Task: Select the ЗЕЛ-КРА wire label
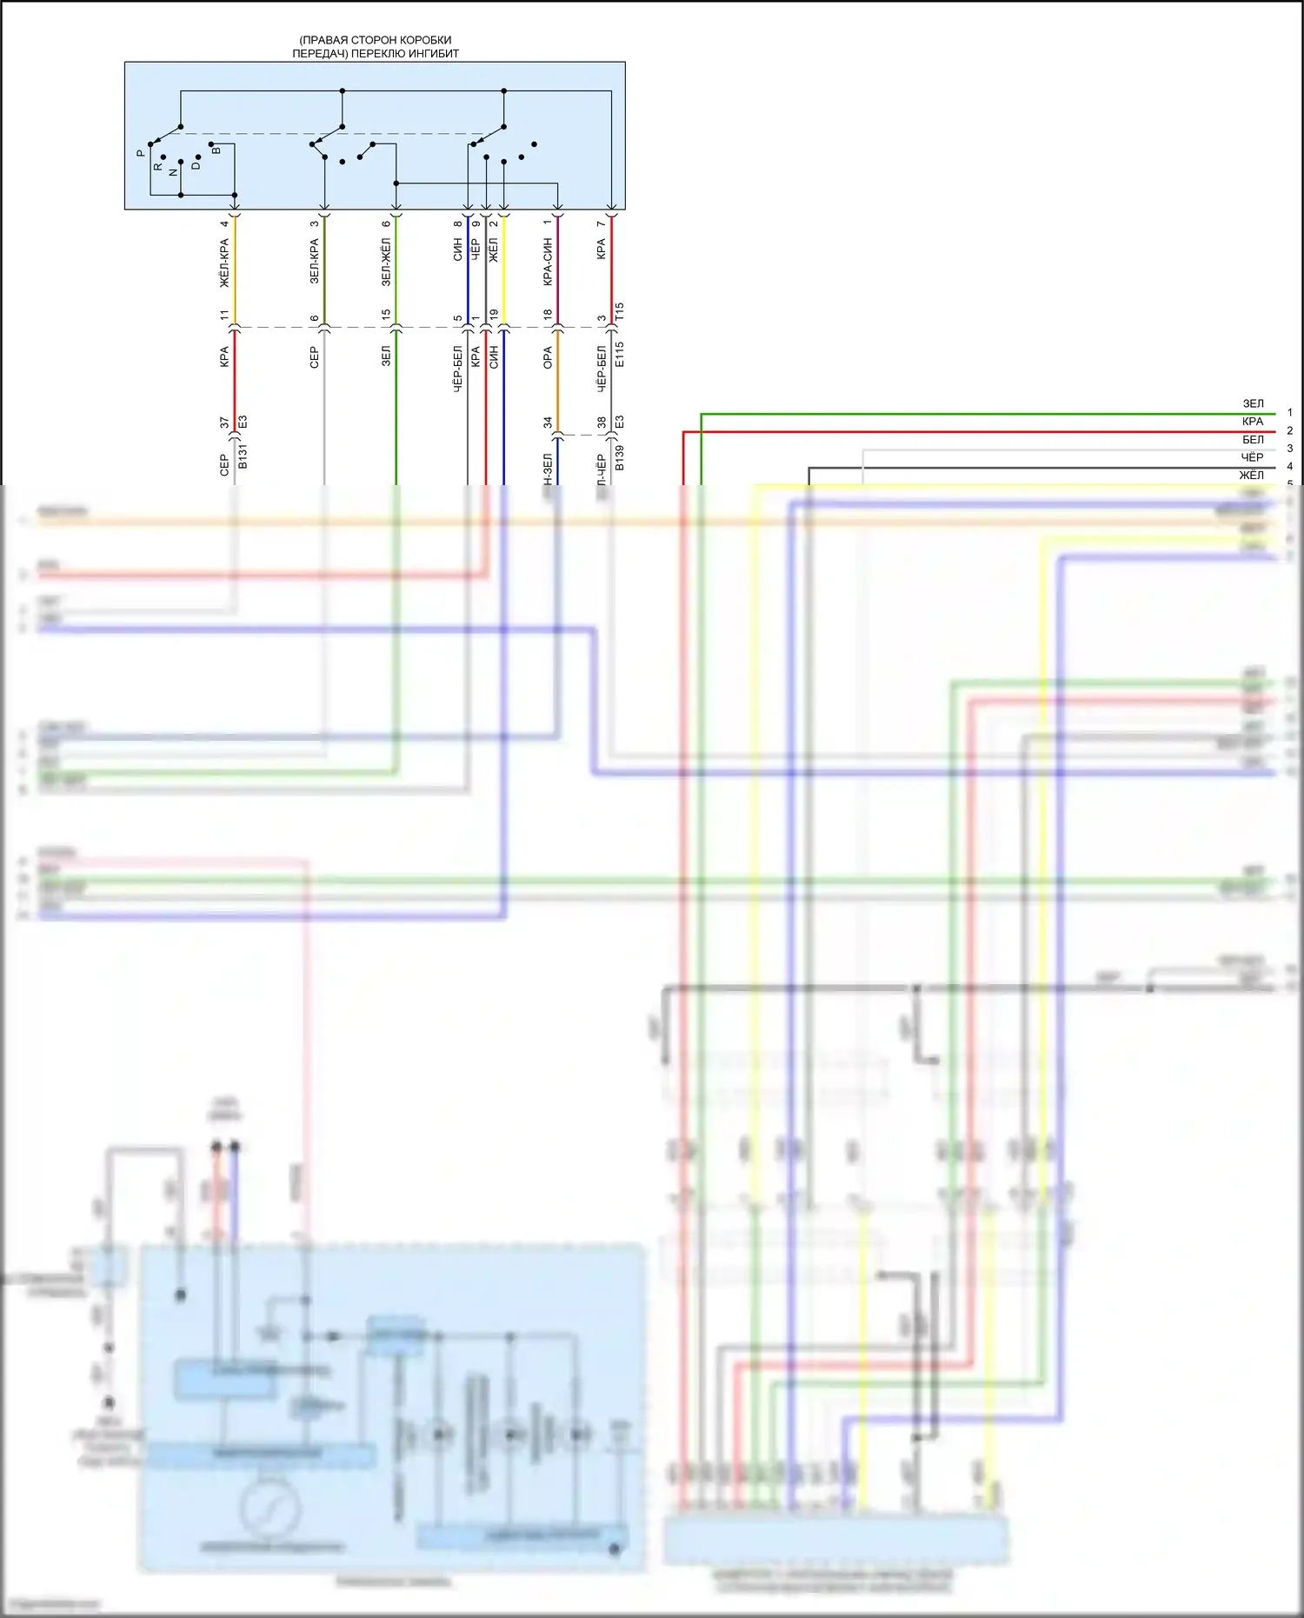pos(315,262)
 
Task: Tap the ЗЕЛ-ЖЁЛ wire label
pos(386,262)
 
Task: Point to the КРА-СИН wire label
pos(548,262)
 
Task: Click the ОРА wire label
pos(548,357)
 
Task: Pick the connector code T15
pos(620,312)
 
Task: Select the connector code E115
pos(620,354)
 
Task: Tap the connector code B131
pos(243,456)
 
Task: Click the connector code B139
pos(620,457)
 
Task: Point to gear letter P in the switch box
pos(141,153)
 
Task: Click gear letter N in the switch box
pos(173,172)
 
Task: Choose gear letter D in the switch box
pos(196,165)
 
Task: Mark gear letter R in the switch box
pos(157,166)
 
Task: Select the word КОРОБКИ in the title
pos(424,40)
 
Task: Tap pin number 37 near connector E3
pos(224,423)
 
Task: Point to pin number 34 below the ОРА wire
pos(548,423)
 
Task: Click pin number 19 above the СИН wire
pos(494,315)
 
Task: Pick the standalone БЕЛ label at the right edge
pos(1253,440)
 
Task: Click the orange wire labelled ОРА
pos(557,383)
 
